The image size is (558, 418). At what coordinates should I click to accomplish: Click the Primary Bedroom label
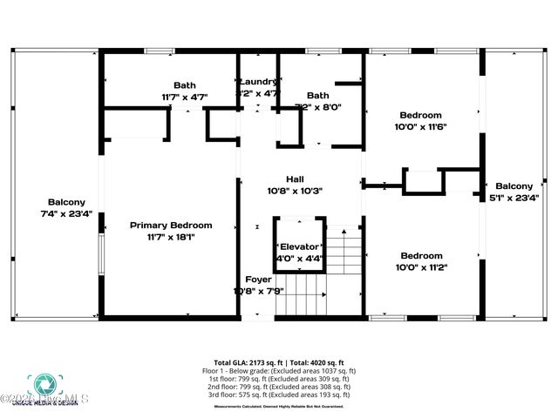[171, 225]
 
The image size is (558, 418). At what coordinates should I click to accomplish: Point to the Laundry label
[258, 81]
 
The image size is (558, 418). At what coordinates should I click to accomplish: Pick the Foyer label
[258, 280]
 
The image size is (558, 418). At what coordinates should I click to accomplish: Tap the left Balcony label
[60, 201]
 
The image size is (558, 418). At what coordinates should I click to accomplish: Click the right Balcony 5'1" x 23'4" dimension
[514, 197]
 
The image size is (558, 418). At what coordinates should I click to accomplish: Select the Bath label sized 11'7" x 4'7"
[184, 85]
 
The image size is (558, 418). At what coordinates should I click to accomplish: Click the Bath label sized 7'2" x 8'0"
[318, 96]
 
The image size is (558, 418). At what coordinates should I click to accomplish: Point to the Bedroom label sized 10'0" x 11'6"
[420, 115]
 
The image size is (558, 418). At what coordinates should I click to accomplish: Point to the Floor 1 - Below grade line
[278, 370]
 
